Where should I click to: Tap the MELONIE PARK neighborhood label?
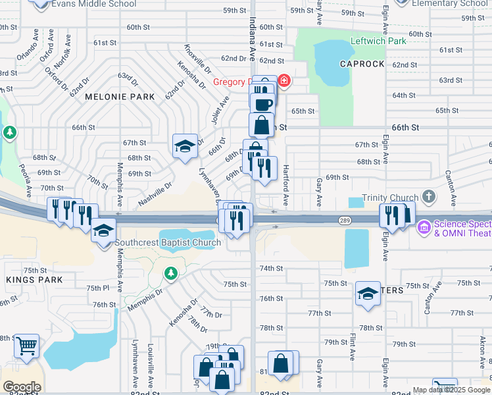120,97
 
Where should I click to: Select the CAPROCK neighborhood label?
361,64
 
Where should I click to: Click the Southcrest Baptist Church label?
168,242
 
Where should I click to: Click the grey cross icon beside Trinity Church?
429,196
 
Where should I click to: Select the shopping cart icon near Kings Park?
26,344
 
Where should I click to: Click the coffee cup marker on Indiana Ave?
263,104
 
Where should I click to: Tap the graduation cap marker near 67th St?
185,145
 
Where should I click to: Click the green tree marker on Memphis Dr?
170,272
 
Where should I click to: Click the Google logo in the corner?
22,387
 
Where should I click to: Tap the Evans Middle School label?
94,4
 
